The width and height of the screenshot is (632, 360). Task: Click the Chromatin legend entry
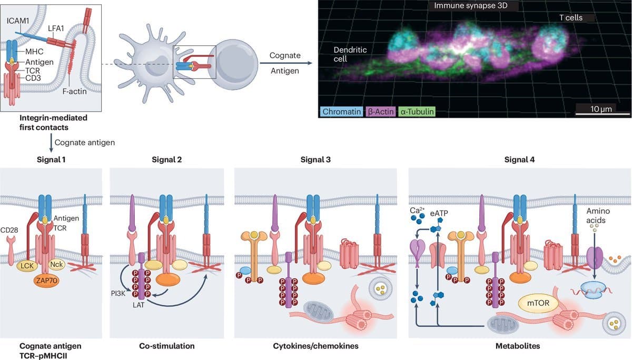pos(341,112)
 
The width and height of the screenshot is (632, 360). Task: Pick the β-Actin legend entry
pos(380,112)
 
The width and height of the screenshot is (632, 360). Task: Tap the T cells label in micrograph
pos(570,18)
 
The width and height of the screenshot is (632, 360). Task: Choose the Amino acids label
pos(598,215)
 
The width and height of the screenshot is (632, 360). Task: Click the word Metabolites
pos(518,346)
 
